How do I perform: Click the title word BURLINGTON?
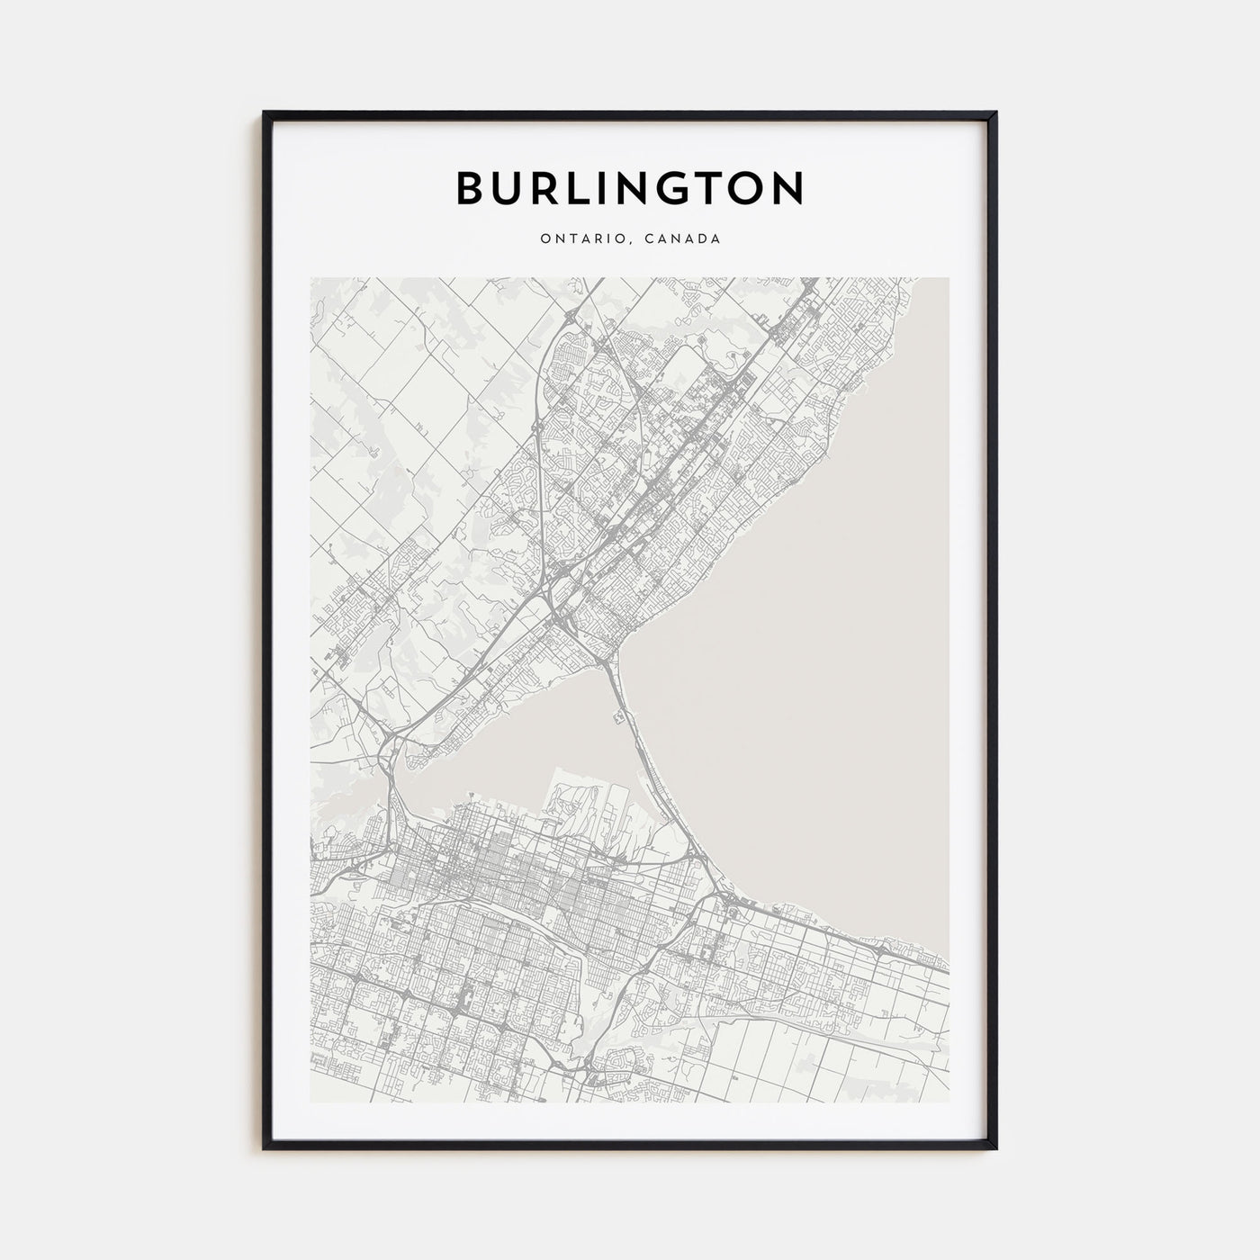[630, 187]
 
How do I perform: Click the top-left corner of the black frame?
[265, 112]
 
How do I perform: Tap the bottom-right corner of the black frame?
[995, 1147]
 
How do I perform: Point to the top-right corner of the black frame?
[995, 112]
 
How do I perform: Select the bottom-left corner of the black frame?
[265, 1147]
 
